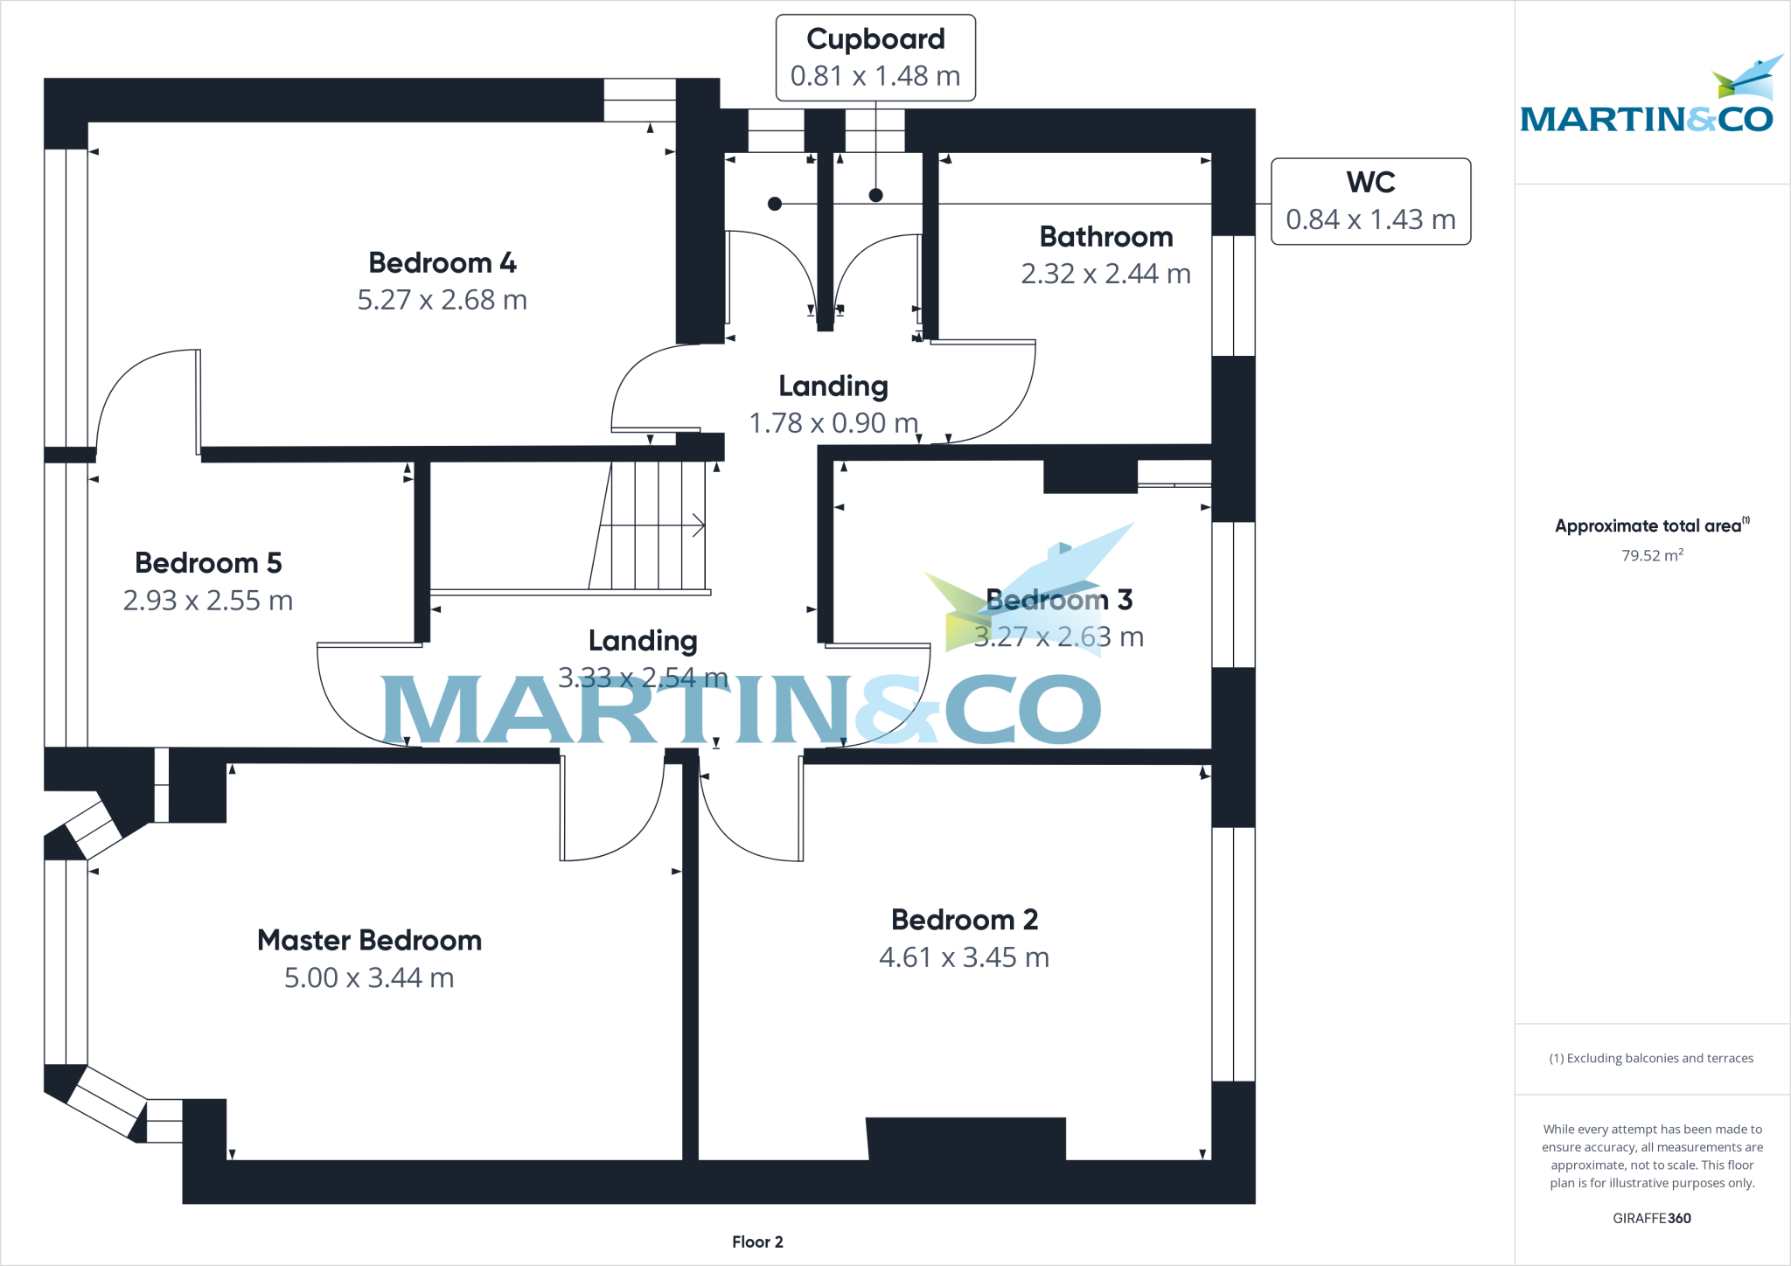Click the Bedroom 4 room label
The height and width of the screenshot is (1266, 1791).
click(x=443, y=262)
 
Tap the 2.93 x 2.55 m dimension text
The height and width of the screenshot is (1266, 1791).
click(x=208, y=601)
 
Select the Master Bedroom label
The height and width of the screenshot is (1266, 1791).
click(x=370, y=940)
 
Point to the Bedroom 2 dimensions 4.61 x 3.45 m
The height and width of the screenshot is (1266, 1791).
click(x=965, y=957)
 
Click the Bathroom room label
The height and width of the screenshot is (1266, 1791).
click(x=1106, y=236)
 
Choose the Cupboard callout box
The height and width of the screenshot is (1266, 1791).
click(x=875, y=58)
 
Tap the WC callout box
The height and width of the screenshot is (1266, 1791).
click(x=1371, y=201)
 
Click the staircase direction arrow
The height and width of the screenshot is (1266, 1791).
click(x=652, y=525)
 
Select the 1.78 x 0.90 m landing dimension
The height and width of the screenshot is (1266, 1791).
click(x=834, y=423)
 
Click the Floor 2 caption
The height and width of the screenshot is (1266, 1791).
click(x=757, y=1242)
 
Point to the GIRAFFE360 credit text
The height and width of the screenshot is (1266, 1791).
click(x=1652, y=1218)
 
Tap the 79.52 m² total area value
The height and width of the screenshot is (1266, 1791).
click(x=1652, y=555)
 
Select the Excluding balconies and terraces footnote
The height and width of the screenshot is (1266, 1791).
click(x=1651, y=1058)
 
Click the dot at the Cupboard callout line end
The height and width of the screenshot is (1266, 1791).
click(x=875, y=195)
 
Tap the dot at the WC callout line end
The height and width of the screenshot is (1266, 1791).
click(x=774, y=204)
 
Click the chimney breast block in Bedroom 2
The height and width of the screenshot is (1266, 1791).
click(x=966, y=1139)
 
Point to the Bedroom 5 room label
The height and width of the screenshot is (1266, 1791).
click(x=208, y=562)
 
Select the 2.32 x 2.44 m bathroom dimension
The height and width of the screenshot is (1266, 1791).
click(x=1106, y=274)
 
